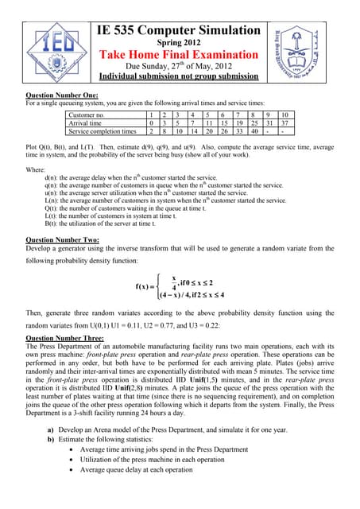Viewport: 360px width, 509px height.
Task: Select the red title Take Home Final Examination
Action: tap(178, 54)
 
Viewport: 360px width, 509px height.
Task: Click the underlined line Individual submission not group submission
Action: tap(178, 77)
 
